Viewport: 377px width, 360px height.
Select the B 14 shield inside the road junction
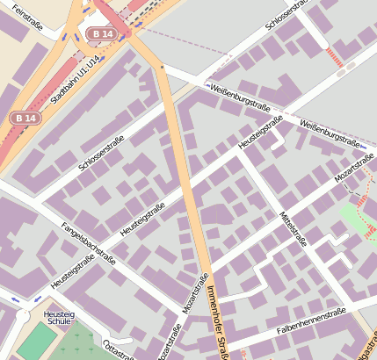(x=102, y=33)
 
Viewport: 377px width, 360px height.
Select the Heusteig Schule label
(x=57, y=318)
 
